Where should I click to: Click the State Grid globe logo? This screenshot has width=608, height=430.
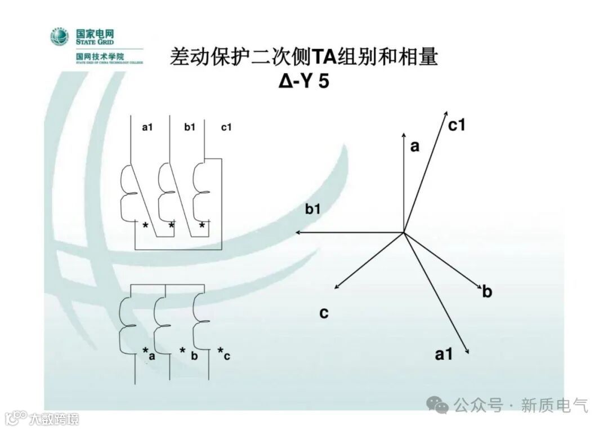[x=59, y=37]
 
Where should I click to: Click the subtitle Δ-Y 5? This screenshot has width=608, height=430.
[x=303, y=81]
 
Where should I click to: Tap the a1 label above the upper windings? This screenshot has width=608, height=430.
[x=147, y=127]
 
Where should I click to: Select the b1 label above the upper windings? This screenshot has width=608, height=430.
[x=190, y=127]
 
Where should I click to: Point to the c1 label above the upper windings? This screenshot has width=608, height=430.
[x=226, y=127]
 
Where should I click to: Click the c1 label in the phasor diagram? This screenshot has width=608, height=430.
[x=457, y=125]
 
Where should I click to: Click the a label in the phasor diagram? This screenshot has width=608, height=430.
[x=415, y=147]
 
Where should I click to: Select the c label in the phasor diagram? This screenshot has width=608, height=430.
[x=324, y=313]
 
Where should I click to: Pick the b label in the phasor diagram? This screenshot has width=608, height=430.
[x=488, y=292]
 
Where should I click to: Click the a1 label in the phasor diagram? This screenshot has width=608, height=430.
[x=444, y=354]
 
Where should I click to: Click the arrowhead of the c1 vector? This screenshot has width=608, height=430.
[x=446, y=112]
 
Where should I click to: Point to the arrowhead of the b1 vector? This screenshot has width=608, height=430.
[x=298, y=232]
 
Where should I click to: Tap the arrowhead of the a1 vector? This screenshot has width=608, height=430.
[x=467, y=352]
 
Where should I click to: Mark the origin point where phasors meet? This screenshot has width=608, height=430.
[x=404, y=232]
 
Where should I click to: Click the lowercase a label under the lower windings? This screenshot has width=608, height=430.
[x=151, y=356]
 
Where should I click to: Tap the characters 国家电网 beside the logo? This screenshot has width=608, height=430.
[x=95, y=32]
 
